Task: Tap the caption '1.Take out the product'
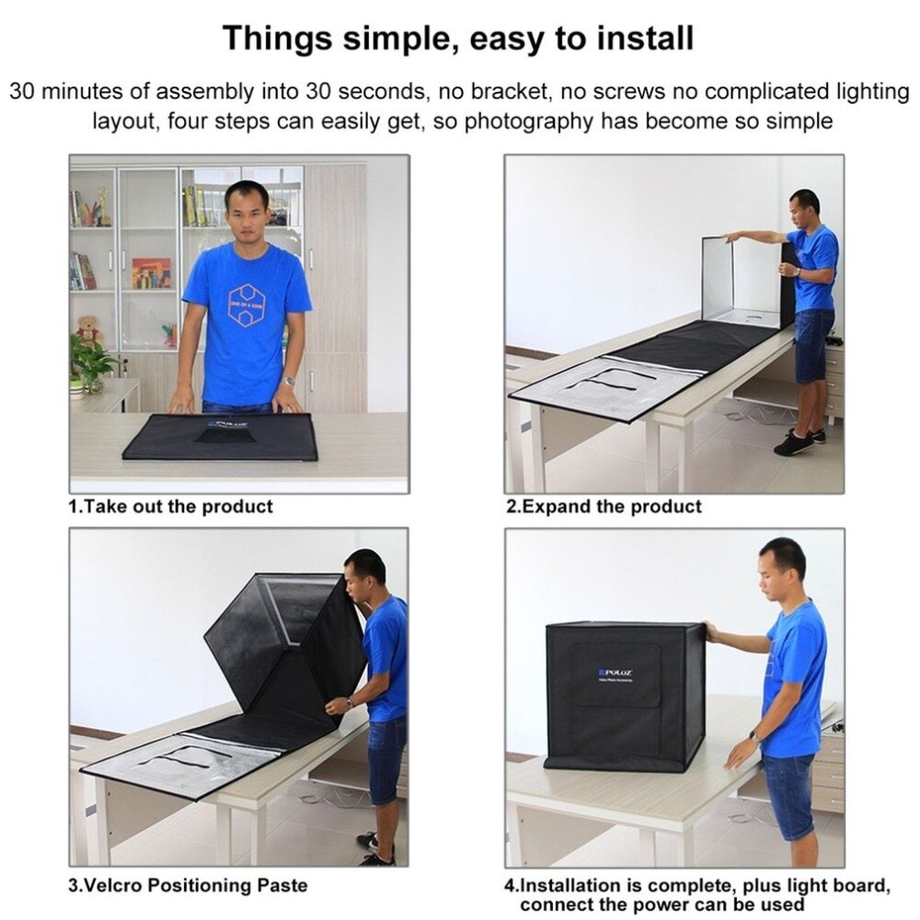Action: [x=171, y=506]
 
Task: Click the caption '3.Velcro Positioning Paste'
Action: [x=189, y=885]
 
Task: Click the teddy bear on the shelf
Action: [x=88, y=329]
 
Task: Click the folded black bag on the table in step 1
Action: [x=221, y=437]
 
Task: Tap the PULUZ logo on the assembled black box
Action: [x=614, y=673]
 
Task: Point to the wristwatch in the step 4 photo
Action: [x=754, y=736]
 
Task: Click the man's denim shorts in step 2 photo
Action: [x=813, y=343]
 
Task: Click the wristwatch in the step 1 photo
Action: [x=288, y=380]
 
